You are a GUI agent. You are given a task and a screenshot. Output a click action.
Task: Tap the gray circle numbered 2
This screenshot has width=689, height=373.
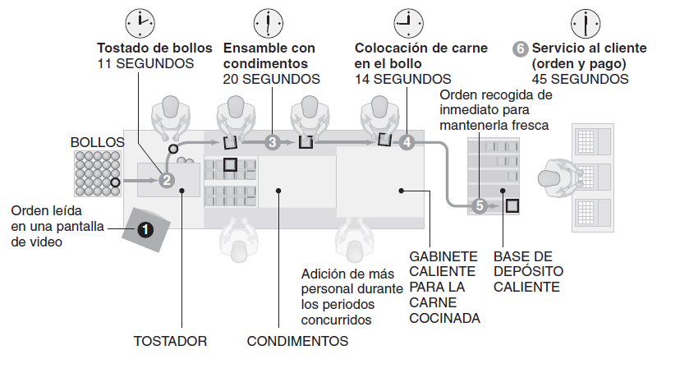point(167,181)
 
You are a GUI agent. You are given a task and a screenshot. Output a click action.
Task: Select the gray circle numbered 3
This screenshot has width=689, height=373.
point(272,142)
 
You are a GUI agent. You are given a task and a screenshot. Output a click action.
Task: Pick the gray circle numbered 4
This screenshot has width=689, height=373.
point(407,142)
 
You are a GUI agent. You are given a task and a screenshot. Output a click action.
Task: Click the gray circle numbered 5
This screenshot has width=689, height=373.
point(480,205)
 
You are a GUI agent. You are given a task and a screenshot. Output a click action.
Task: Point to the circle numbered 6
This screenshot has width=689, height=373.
point(520,48)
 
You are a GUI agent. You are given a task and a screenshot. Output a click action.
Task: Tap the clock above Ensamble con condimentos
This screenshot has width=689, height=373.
point(268,21)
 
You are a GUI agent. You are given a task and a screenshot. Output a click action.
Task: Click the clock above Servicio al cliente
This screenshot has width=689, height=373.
point(584,21)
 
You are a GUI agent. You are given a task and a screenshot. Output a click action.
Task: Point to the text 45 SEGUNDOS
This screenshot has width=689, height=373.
point(580,79)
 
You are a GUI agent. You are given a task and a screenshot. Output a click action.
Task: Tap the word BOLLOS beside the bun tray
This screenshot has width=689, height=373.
point(97,142)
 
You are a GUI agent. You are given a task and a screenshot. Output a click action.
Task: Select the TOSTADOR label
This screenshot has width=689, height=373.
point(170,340)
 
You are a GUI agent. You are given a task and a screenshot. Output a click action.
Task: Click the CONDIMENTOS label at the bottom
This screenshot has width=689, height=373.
point(297,340)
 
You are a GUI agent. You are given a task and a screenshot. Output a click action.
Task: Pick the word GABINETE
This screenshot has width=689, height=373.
point(443,256)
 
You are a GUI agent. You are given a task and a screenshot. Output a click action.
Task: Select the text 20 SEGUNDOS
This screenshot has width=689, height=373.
point(271,79)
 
